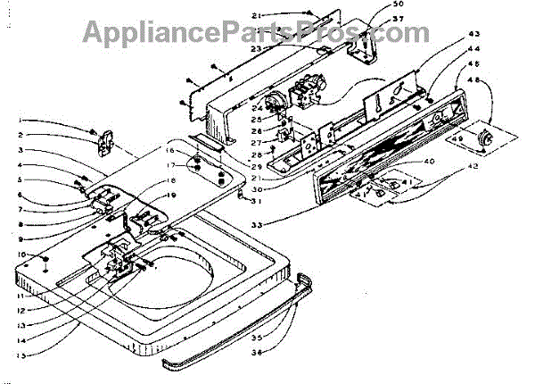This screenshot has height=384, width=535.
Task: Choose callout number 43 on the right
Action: (473, 35)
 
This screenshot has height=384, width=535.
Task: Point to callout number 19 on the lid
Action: (173, 196)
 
